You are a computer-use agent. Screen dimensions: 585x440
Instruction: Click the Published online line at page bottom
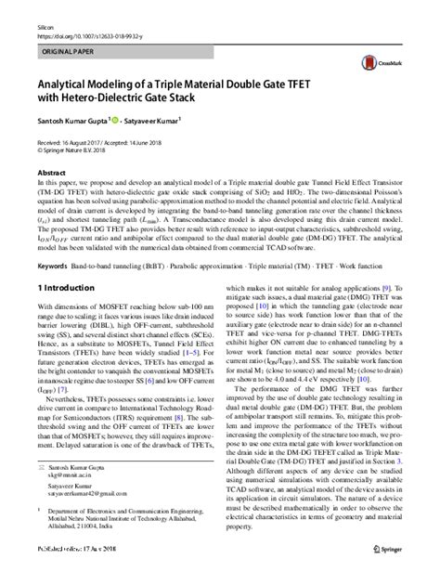81,576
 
